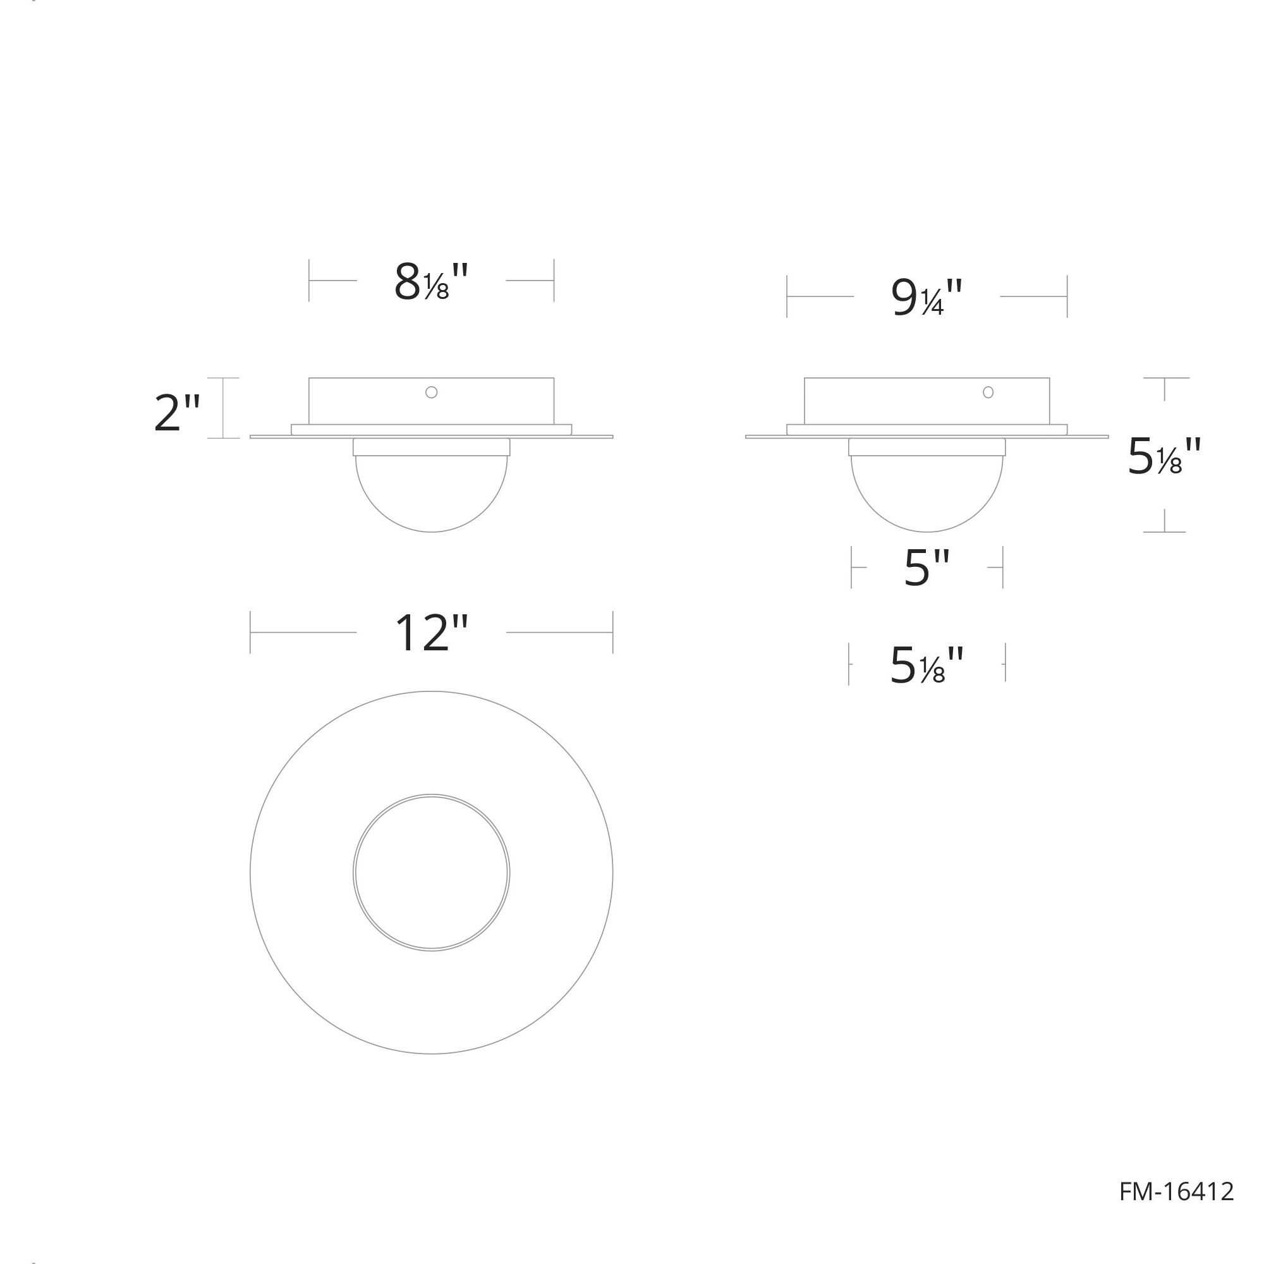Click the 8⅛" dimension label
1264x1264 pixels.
(432, 283)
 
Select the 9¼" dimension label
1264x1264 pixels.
(927, 298)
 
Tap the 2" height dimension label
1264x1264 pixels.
(177, 413)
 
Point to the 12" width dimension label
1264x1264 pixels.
(432, 633)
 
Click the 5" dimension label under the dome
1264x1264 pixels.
(927, 568)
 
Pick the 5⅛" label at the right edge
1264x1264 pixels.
(1165, 457)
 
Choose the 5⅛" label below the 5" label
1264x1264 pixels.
(927, 666)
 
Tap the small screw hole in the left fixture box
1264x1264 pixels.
(431, 392)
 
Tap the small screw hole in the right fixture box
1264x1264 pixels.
(988, 392)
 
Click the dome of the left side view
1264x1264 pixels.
(431, 490)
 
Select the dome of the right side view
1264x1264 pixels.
(927, 490)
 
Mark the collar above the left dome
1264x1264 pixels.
(431, 447)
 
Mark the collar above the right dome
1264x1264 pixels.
(927, 447)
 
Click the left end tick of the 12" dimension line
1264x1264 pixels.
(250, 633)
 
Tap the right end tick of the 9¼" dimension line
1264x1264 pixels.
(1067, 296)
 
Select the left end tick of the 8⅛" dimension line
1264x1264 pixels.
(310, 281)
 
